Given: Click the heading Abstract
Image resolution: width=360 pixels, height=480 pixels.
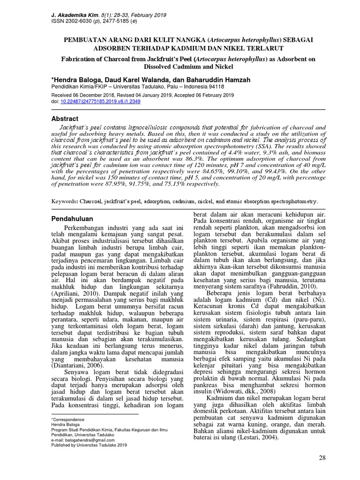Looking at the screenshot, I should pyautogui.click(x=64, y=119).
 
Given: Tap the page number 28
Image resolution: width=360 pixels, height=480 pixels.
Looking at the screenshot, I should pyautogui.click(x=322, y=457).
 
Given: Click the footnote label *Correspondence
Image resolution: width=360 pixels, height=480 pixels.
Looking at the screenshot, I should pyautogui.click(x=67, y=419).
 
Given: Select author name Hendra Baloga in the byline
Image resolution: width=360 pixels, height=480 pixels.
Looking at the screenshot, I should pyautogui.click(x=79, y=79).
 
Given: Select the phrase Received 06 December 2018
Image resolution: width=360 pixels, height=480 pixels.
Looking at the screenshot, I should pyautogui.click(x=80, y=95).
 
